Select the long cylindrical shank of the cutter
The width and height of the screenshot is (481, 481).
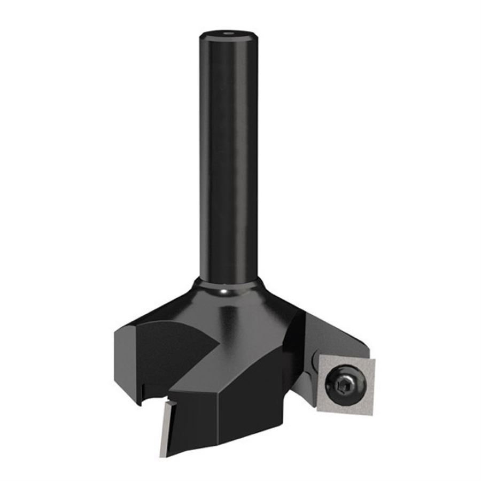(227, 160)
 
